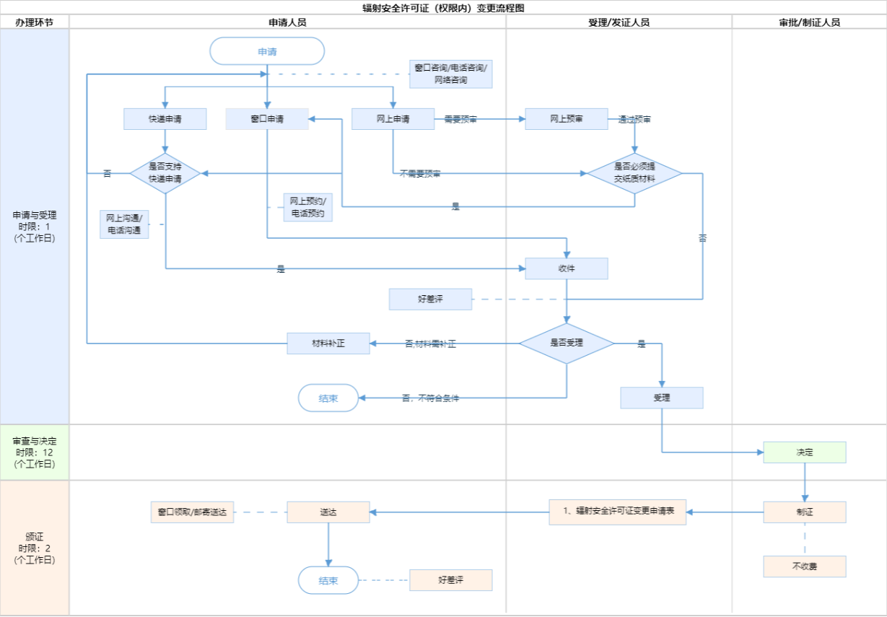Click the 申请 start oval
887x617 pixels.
(x=267, y=51)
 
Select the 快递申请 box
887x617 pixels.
(x=165, y=119)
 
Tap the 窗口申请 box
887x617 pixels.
(x=267, y=119)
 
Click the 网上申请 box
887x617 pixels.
(x=393, y=119)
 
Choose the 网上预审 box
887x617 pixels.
(x=567, y=119)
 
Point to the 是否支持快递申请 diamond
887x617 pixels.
(x=165, y=173)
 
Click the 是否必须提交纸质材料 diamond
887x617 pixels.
(x=634, y=173)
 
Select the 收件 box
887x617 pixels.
(x=567, y=268)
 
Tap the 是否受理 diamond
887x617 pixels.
(x=567, y=343)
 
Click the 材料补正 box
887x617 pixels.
(x=328, y=343)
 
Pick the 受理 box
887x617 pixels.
(x=661, y=398)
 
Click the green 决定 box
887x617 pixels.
(x=805, y=452)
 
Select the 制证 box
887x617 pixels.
(x=805, y=512)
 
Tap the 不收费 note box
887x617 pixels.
(x=805, y=566)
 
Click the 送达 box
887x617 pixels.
(x=328, y=512)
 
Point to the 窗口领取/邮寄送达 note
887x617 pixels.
(x=192, y=512)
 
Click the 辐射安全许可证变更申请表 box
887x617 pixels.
(x=617, y=512)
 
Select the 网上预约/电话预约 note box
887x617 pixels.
(x=307, y=208)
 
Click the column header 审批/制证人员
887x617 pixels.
(x=809, y=22)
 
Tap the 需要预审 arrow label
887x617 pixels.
(x=460, y=120)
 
